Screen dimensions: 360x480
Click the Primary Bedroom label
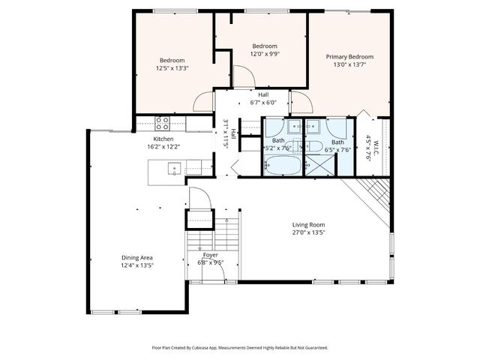pos(349,57)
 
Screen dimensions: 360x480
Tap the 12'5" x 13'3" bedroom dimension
pos(172,68)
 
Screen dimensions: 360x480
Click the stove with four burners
pos(162,121)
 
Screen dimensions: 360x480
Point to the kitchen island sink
pos(173,169)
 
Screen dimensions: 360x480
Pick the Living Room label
pos(308,224)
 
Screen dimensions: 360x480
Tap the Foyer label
pos(211,256)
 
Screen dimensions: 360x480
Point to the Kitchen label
pos(163,139)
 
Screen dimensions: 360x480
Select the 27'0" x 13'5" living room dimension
pos(308,232)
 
